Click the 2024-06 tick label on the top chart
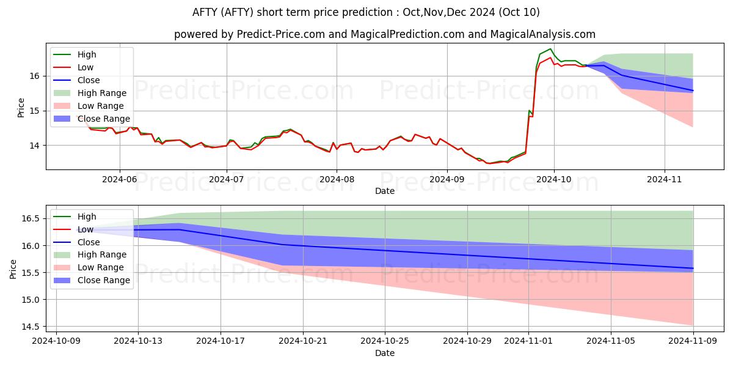(x=120, y=180)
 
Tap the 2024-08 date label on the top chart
(x=337, y=180)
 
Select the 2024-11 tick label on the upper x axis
(x=665, y=180)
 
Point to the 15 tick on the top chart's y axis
(x=34, y=111)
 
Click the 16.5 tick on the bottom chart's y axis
(x=31, y=218)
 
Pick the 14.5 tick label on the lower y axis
(x=31, y=327)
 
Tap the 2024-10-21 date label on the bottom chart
(x=303, y=341)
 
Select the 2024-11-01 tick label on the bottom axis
(x=528, y=341)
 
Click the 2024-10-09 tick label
(x=56, y=341)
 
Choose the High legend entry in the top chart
(x=75, y=54)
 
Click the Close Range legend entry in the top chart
(x=92, y=119)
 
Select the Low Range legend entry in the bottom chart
(x=89, y=267)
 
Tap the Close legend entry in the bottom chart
(x=76, y=242)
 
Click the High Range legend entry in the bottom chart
(x=90, y=254)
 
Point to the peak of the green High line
(x=550, y=49)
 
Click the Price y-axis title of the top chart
(x=21, y=108)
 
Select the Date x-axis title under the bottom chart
(x=385, y=353)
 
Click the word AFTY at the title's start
(x=205, y=12)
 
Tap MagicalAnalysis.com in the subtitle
(x=543, y=34)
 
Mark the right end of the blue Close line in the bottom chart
(x=693, y=269)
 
